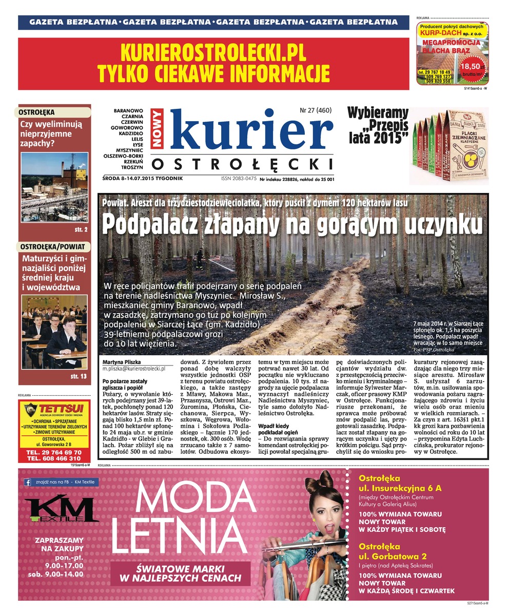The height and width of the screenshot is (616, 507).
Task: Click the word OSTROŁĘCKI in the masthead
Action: pos(242,164)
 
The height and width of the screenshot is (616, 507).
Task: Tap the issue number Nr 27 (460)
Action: pos(316,110)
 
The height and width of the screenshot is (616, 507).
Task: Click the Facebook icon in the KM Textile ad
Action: pos(28,482)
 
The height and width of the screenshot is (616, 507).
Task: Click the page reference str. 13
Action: pos(79,377)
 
